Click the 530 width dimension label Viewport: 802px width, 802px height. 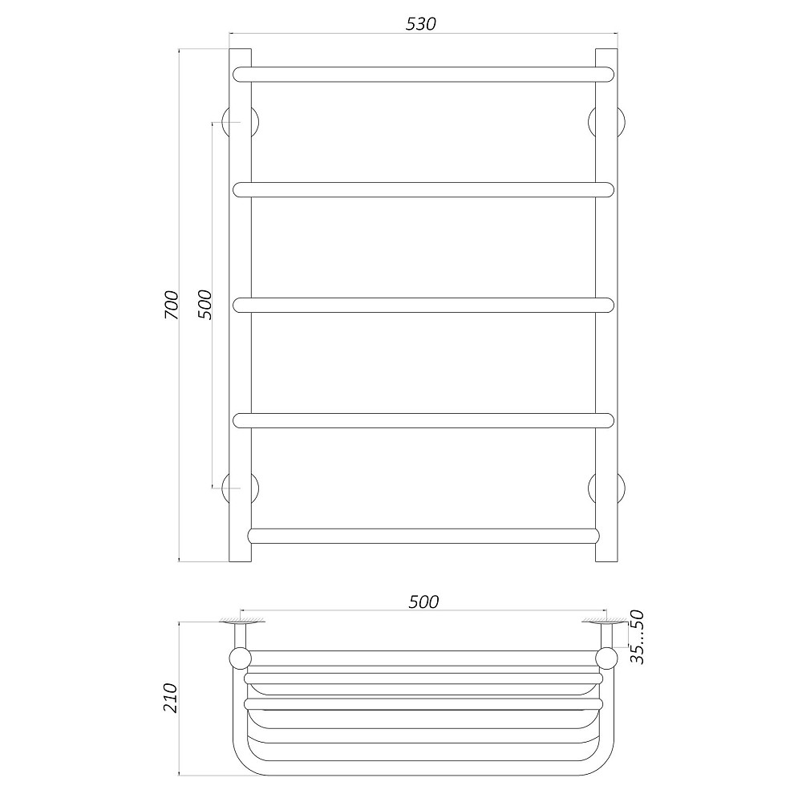click(x=420, y=23)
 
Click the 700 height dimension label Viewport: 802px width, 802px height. click(x=172, y=305)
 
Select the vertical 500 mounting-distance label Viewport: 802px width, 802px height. click(x=204, y=304)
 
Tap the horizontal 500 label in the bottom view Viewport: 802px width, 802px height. click(x=423, y=602)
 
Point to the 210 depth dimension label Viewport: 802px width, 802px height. click(x=169, y=698)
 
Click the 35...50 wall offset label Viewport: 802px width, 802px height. click(x=637, y=638)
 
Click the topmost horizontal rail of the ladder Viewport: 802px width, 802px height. click(x=423, y=75)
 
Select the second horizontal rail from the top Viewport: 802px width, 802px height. click(x=423, y=190)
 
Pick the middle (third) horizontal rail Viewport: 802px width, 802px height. click(x=423, y=305)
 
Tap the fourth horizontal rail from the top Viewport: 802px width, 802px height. click(x=423, y=420)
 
